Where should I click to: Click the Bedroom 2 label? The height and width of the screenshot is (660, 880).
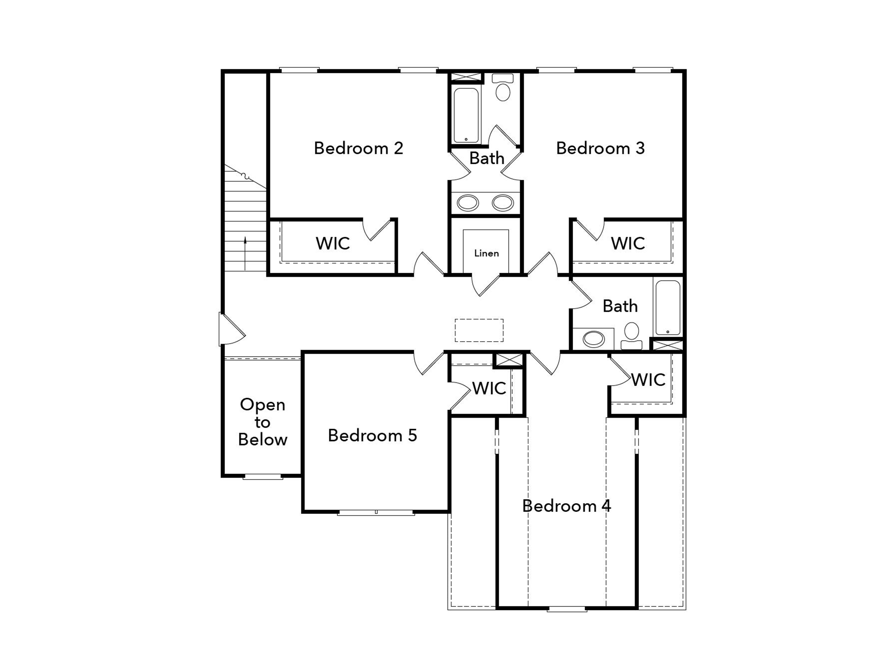[x=358, y=148]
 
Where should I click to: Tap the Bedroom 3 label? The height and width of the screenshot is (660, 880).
[x=600, y=148]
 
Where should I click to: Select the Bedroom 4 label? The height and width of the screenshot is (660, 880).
[x=566, y=506]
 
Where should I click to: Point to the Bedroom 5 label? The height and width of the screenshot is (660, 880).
[x=372, y=435]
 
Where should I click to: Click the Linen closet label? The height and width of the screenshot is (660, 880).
[x=486, y=253]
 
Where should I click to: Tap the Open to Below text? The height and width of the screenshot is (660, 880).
[x=262, y=422]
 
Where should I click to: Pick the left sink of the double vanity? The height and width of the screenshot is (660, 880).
[x=467, y=203]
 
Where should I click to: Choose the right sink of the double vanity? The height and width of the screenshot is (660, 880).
[x=503, y=203]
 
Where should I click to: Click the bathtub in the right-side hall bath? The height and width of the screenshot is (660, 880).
[x=668, y=307]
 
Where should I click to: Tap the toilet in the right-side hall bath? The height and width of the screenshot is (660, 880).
[x=632, y=336]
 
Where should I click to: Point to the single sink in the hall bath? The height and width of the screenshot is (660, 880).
[x=594, y=339]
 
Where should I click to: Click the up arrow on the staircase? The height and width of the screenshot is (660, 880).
[x=245, y=253]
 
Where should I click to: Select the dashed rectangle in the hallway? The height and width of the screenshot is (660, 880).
[x=479, y=330]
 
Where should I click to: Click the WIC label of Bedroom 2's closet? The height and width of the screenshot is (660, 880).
[x=333, y=244]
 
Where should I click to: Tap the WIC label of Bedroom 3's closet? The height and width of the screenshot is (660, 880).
[x=628, y=244]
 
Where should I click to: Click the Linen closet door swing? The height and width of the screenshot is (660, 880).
[x=486, y=285]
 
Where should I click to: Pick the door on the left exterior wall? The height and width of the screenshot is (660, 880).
[x=232, y=329]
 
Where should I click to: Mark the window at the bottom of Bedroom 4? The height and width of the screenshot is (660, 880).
[x=567, y=608]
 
